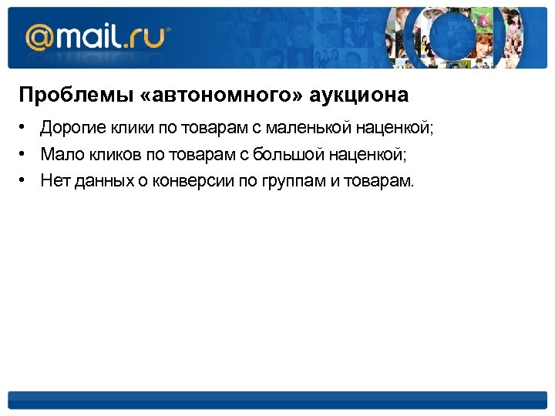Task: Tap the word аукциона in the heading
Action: click(359, 96)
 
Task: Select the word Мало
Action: click(58, 155)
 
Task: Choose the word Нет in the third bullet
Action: click(54, 181)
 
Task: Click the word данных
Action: click(98, 181)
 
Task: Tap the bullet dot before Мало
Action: click(24, 155)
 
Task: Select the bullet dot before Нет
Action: click(24, 181)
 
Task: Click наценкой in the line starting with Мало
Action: click(365, 155)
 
